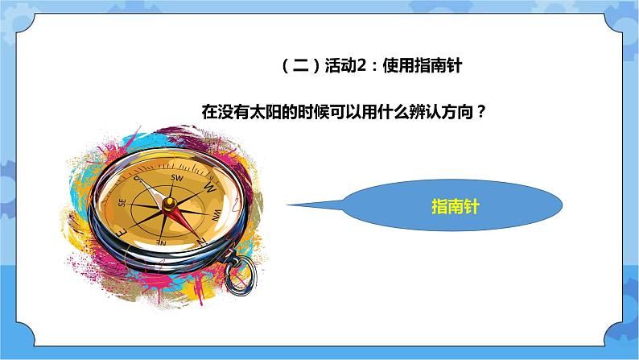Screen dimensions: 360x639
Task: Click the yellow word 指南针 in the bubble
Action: pyautogui.click(x=456, y=207)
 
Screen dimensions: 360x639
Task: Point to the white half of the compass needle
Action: pyautogui.click(x=157, y=188)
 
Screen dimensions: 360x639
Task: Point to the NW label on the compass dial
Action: pyautogui.click(x=215, y=215)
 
